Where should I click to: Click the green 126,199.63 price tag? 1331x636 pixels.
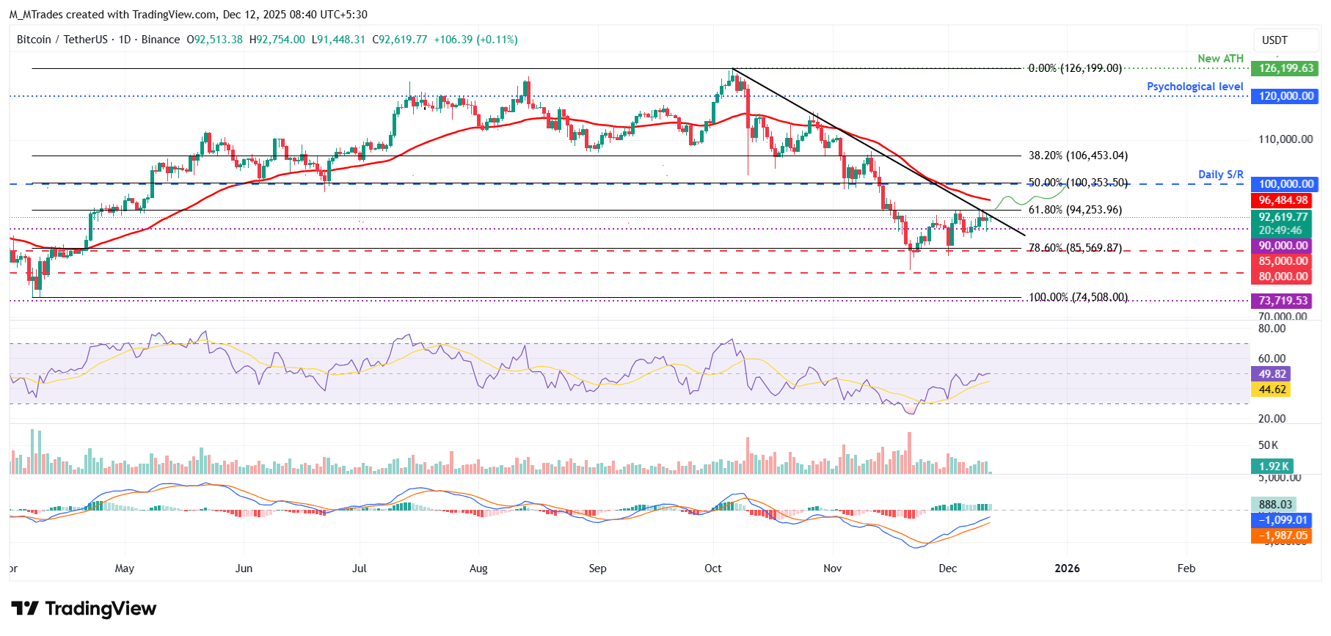tap(1285, 68)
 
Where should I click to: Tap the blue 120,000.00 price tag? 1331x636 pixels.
tap(1285, 96)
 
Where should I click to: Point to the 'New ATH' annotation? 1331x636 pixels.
tap(1220, 59)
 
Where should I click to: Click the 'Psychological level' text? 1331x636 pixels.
tap(1195, 87)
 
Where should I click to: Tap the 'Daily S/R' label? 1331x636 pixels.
tap(1220, 175)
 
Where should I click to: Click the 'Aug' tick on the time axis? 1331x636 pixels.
tap(478, 569)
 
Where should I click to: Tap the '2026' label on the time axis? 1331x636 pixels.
tap(1067, 569)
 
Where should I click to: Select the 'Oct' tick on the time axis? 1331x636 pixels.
tap(712, 569)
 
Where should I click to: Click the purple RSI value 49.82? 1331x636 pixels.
tap(1272, 374)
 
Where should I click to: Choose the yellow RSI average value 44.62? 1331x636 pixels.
tap(1272, 390)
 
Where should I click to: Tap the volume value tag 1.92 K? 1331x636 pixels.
tap(1271, 467)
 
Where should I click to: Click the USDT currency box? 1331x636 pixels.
tap(1275, 40)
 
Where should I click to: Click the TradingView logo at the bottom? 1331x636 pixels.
tap(84, 609)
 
